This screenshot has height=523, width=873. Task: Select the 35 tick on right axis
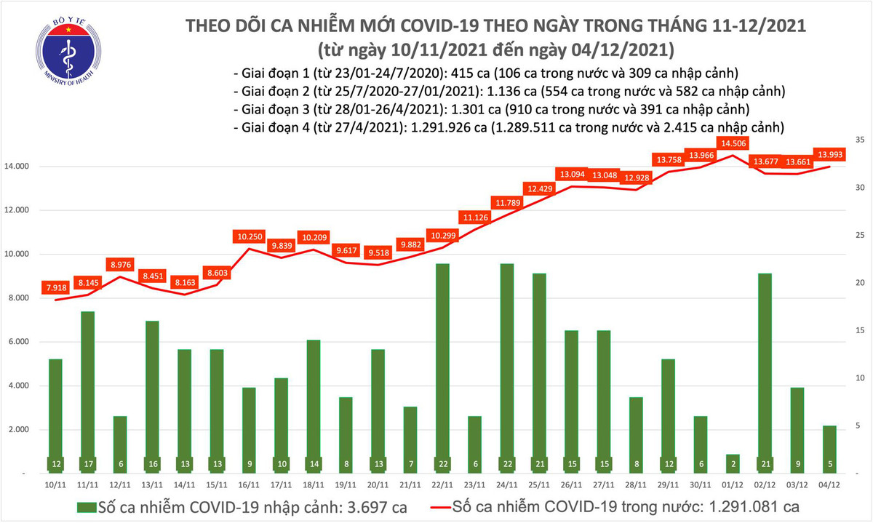858,139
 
